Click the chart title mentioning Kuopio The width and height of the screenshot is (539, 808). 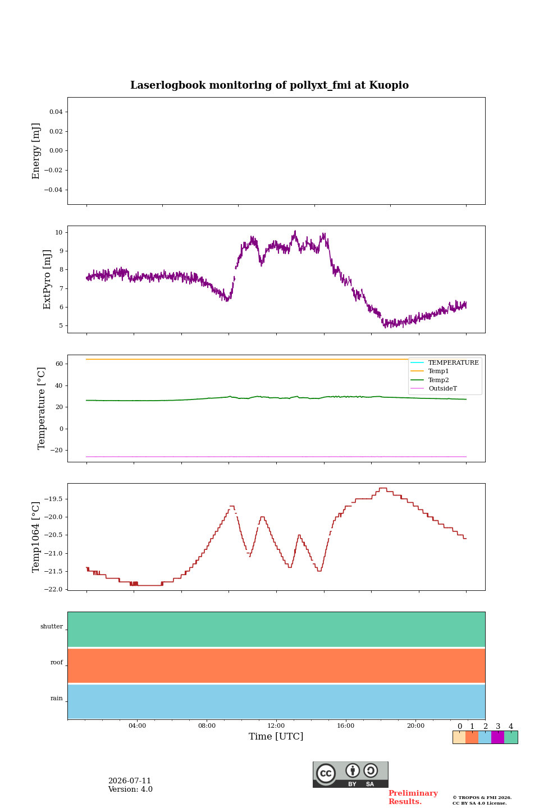tap(269, 85)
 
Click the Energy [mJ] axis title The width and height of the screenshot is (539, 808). tap(36, 151)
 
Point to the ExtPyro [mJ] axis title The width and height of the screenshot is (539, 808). tap(47, 279)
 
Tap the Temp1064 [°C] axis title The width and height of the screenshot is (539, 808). tap(36, 537)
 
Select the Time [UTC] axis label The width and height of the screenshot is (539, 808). tap(276, 736)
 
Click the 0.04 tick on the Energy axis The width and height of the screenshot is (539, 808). tap(56, 112)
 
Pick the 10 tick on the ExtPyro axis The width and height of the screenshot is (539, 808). tap(59, 232)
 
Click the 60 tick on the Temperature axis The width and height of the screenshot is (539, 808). tap(59, 364)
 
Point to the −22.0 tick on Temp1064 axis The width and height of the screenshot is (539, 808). tap(53, 589)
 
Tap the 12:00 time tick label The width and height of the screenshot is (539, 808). tap(276, 726)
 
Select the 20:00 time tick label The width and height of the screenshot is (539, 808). tap(415, 726)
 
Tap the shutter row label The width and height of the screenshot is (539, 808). tap(52, 626)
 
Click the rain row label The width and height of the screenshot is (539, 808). tap(57, 698)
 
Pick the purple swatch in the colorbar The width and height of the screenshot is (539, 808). tap(497, 737)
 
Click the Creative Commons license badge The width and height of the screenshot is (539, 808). tap(350, 774)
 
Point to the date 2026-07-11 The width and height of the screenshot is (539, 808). tap(130, 781)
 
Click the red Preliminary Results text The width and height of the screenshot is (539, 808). tap(413, 797)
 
